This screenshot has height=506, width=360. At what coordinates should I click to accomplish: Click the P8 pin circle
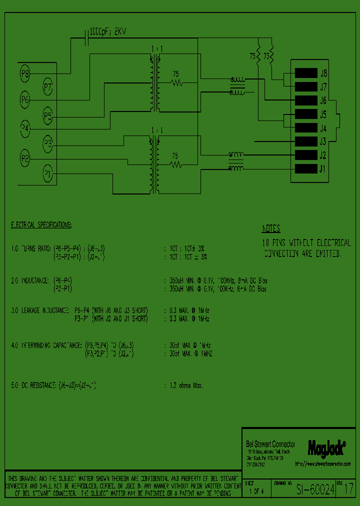[25, 74]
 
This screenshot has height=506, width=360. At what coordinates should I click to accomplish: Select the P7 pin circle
[47, 88]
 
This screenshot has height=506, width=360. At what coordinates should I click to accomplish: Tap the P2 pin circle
[25, 158]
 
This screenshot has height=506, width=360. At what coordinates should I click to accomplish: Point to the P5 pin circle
[47, 117]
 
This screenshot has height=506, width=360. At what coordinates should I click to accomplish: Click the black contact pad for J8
[306, 73]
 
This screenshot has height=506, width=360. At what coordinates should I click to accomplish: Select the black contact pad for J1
[306, 169]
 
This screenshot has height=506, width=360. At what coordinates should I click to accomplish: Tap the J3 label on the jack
[323, 141]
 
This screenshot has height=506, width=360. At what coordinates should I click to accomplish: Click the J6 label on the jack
[323, 100]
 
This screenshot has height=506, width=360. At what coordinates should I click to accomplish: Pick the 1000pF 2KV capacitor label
[108, 31]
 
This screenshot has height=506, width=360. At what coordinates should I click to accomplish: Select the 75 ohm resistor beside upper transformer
[175, 82]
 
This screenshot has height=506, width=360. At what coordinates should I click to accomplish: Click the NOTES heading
[271, 229]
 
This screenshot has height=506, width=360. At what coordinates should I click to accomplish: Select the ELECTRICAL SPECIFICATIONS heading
[41, 225]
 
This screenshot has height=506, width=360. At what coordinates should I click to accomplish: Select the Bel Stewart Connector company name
[270, 444]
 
